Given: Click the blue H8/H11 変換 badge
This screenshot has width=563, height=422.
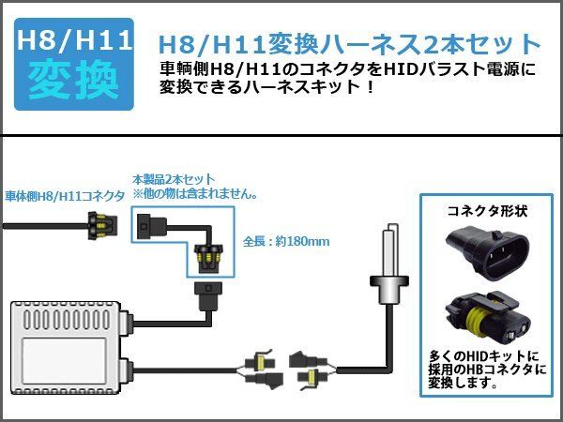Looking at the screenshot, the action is (74, 64).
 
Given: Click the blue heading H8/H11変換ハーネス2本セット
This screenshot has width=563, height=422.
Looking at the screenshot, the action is (349, 44).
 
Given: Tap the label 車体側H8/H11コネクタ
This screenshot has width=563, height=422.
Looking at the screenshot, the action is (65, 196).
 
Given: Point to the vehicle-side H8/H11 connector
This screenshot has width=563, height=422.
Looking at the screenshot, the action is (102, 226).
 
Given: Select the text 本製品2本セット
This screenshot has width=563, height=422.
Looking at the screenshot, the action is (174, 179).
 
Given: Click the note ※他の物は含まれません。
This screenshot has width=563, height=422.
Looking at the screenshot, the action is (196, 194).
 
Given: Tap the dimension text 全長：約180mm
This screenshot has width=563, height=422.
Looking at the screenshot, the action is (286, 241).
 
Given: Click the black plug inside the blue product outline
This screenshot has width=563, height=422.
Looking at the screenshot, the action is (151, 226).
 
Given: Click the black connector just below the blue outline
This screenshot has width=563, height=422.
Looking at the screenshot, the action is (208, 296).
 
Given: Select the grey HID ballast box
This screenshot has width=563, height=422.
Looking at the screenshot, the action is (70, 347).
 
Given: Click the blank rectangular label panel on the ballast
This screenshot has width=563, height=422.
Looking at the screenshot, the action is (65, 361).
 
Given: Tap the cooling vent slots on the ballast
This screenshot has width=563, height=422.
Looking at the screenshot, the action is (67, 320).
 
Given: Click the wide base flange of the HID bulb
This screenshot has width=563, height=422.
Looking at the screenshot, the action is (389, 281).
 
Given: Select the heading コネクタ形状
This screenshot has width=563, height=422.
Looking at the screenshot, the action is (487, 211).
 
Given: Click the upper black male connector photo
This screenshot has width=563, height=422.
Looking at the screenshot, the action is (487, 254).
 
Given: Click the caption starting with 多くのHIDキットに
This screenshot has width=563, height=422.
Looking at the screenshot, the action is (487, 369).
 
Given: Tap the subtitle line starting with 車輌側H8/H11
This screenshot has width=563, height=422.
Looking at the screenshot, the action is (347, 68).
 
